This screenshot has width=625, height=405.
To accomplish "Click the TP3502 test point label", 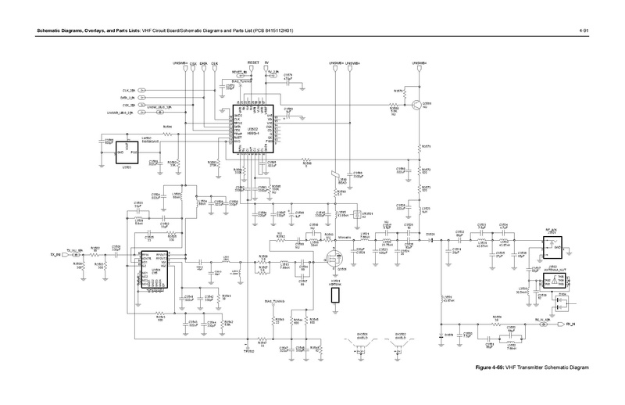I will click(248, 349).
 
